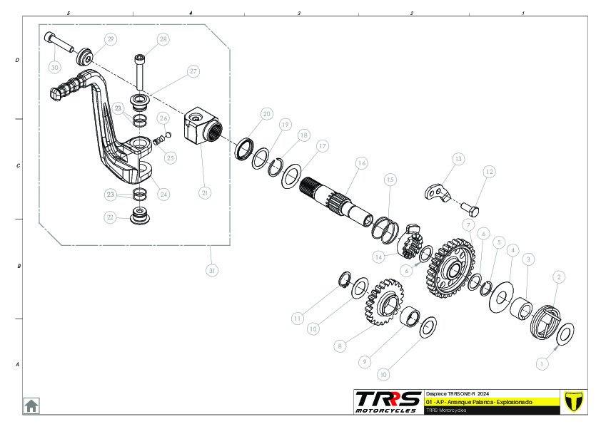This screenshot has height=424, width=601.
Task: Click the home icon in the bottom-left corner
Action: coord(31,405)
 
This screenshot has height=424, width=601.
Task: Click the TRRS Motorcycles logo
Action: coord(388,401)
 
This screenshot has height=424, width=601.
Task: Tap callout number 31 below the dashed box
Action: coord(211,271)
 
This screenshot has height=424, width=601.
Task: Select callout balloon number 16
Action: coord(361,163)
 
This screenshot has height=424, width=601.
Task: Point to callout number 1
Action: coord(540,362)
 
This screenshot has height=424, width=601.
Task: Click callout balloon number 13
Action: coord(458,158)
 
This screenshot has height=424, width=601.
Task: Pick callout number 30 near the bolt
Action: coord(55,67)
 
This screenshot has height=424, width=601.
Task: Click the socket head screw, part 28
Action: coord(141,71)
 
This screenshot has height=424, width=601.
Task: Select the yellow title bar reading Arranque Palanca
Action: coord(490,402)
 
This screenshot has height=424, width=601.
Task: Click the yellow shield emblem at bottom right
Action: coord(574,401)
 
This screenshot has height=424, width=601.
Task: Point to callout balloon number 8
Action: coord(340,346)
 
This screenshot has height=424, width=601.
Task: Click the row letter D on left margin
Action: coord(17,61)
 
